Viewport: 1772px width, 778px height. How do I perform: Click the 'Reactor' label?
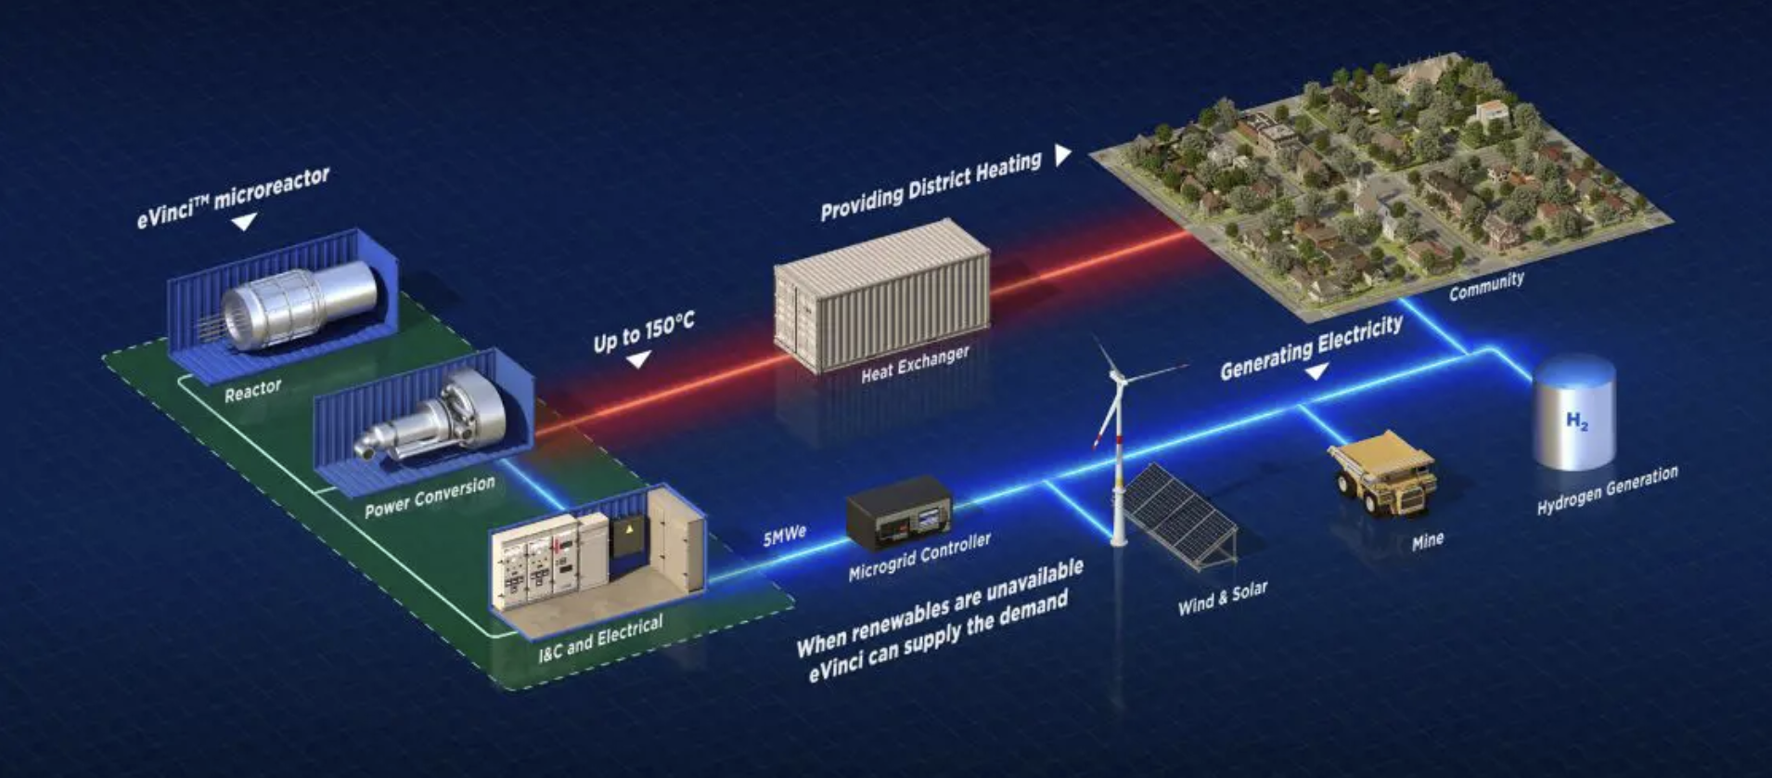(x=252, y=390)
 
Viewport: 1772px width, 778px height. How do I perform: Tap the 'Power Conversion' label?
(x=430, y=497)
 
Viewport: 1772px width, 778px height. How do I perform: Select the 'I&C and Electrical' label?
(x=601, y=639)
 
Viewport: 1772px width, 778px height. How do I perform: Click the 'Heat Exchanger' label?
(x=915, y=363)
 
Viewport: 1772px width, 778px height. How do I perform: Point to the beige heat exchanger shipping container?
(x=882, y=295)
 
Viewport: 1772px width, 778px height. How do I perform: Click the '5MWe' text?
(x=785, y=536)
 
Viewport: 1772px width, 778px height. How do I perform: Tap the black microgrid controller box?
(x=899, y=512)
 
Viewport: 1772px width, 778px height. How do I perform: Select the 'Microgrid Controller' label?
(x=919, y=557)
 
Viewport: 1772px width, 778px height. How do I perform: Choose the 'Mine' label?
(x=1427, y=540)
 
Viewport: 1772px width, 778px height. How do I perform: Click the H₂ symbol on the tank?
(x=1576, y=421)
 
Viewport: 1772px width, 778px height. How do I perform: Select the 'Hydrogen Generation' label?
(x=1607, y=490)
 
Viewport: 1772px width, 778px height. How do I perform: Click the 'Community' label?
(x=1486, y=286)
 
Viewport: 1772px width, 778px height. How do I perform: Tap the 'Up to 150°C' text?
(x=644, y=332)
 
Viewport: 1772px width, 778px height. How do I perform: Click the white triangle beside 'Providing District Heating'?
(x=1063, y=155)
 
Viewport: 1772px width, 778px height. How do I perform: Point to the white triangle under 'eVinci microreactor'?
(x=244, y=222)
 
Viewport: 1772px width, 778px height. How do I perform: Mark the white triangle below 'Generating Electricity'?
(x=1316, y=371)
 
